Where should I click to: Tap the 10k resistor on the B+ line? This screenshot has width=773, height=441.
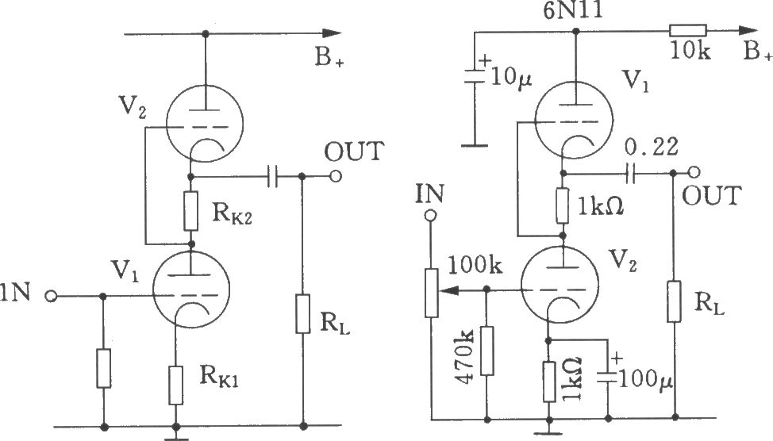pyautogui.click(x=688, y=31)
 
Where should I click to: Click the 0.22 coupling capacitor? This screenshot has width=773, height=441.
pyautogui.click(x=629, y=173)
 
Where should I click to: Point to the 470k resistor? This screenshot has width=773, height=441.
pyautogui.click(x=487, y=351)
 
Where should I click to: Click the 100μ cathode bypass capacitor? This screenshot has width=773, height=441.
pyautogui.click(x=608, y=378)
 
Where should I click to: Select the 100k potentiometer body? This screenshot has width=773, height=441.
pyautogui.click(x=432, y=292)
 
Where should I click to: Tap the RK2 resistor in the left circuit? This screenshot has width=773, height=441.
pyautogui.click(x=190, y=211)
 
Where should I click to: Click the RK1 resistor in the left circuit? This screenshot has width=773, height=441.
pyautogui.click(x=176, y=385)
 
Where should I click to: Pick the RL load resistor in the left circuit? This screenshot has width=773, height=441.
pyautogui.click(x=303, y=314)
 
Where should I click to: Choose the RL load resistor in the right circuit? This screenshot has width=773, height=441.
pyautogui.click(x=674, y=301)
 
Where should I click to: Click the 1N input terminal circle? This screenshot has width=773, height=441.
pyautogui.click(x=51, y=296)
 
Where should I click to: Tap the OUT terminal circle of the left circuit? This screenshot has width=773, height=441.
pyautogui.click(x=336, y=176)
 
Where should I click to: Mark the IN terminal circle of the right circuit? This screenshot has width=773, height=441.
pyautogui.click(x=431, y=215)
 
